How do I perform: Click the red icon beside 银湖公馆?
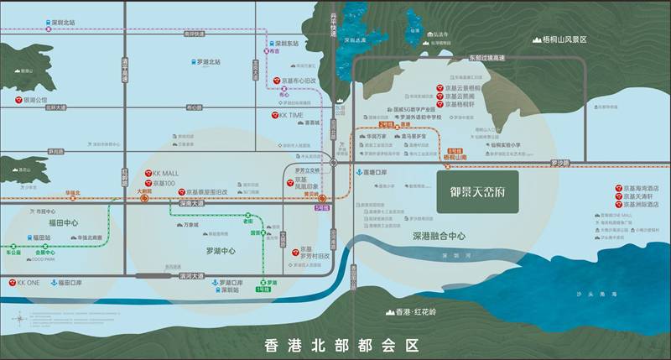pos(18,100)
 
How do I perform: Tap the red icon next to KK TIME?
pos(273,114)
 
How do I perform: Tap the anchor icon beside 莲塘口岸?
pos(358,173)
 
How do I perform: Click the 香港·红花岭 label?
pos(413,312)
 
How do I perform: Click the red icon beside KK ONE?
pos(12,283)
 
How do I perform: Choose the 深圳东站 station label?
pos(285,42)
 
